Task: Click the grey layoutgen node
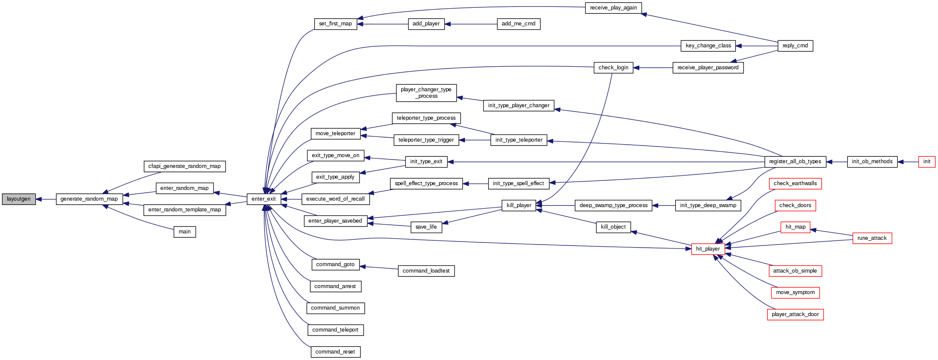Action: point(19,199)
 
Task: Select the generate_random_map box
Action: point(89,199)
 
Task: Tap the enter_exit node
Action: point(263,199)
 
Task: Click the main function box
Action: point(185,232)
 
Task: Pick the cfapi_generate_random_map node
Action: point(184,166)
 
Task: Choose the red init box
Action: point(926,161)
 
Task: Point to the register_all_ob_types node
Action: point(795,161)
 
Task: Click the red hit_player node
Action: point(708,249)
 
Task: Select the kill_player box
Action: point(519,205)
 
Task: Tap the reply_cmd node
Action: point(795,46)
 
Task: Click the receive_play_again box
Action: point(613,8)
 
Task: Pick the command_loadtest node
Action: point(426,271)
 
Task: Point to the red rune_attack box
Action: point(872,238)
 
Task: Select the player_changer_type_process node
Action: point(426,93)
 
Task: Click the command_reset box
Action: point(335,352)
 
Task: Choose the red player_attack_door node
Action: point(795,314)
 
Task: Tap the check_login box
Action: point(613,68)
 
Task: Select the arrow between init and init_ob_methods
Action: point(908,161)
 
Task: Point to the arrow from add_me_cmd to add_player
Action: point(471,24)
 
